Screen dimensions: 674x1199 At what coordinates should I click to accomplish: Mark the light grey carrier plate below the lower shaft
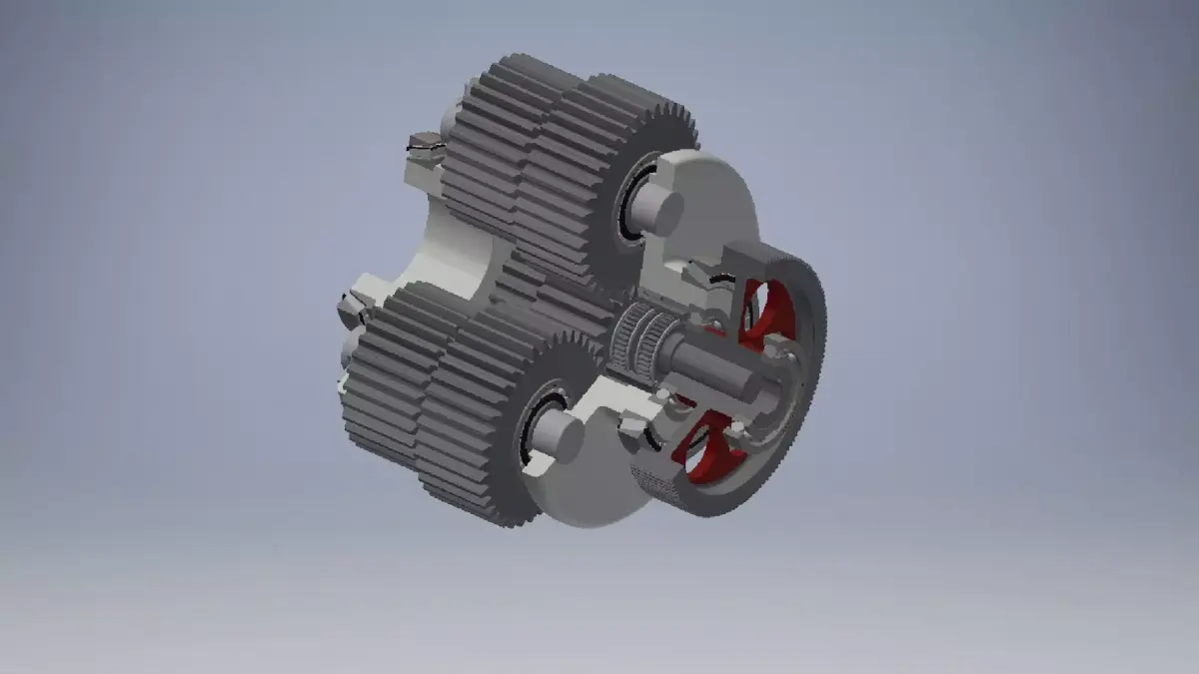590,489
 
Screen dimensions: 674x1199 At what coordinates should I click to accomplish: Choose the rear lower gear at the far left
385,379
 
